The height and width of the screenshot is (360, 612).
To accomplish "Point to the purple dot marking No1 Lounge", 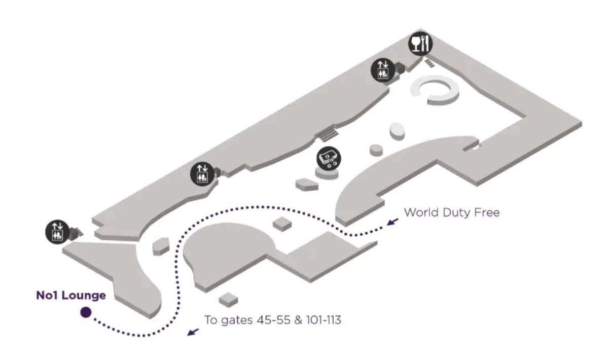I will point(86,313).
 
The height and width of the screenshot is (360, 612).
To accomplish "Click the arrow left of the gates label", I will point(193,331).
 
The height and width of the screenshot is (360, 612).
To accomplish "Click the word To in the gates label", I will point(210,320).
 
